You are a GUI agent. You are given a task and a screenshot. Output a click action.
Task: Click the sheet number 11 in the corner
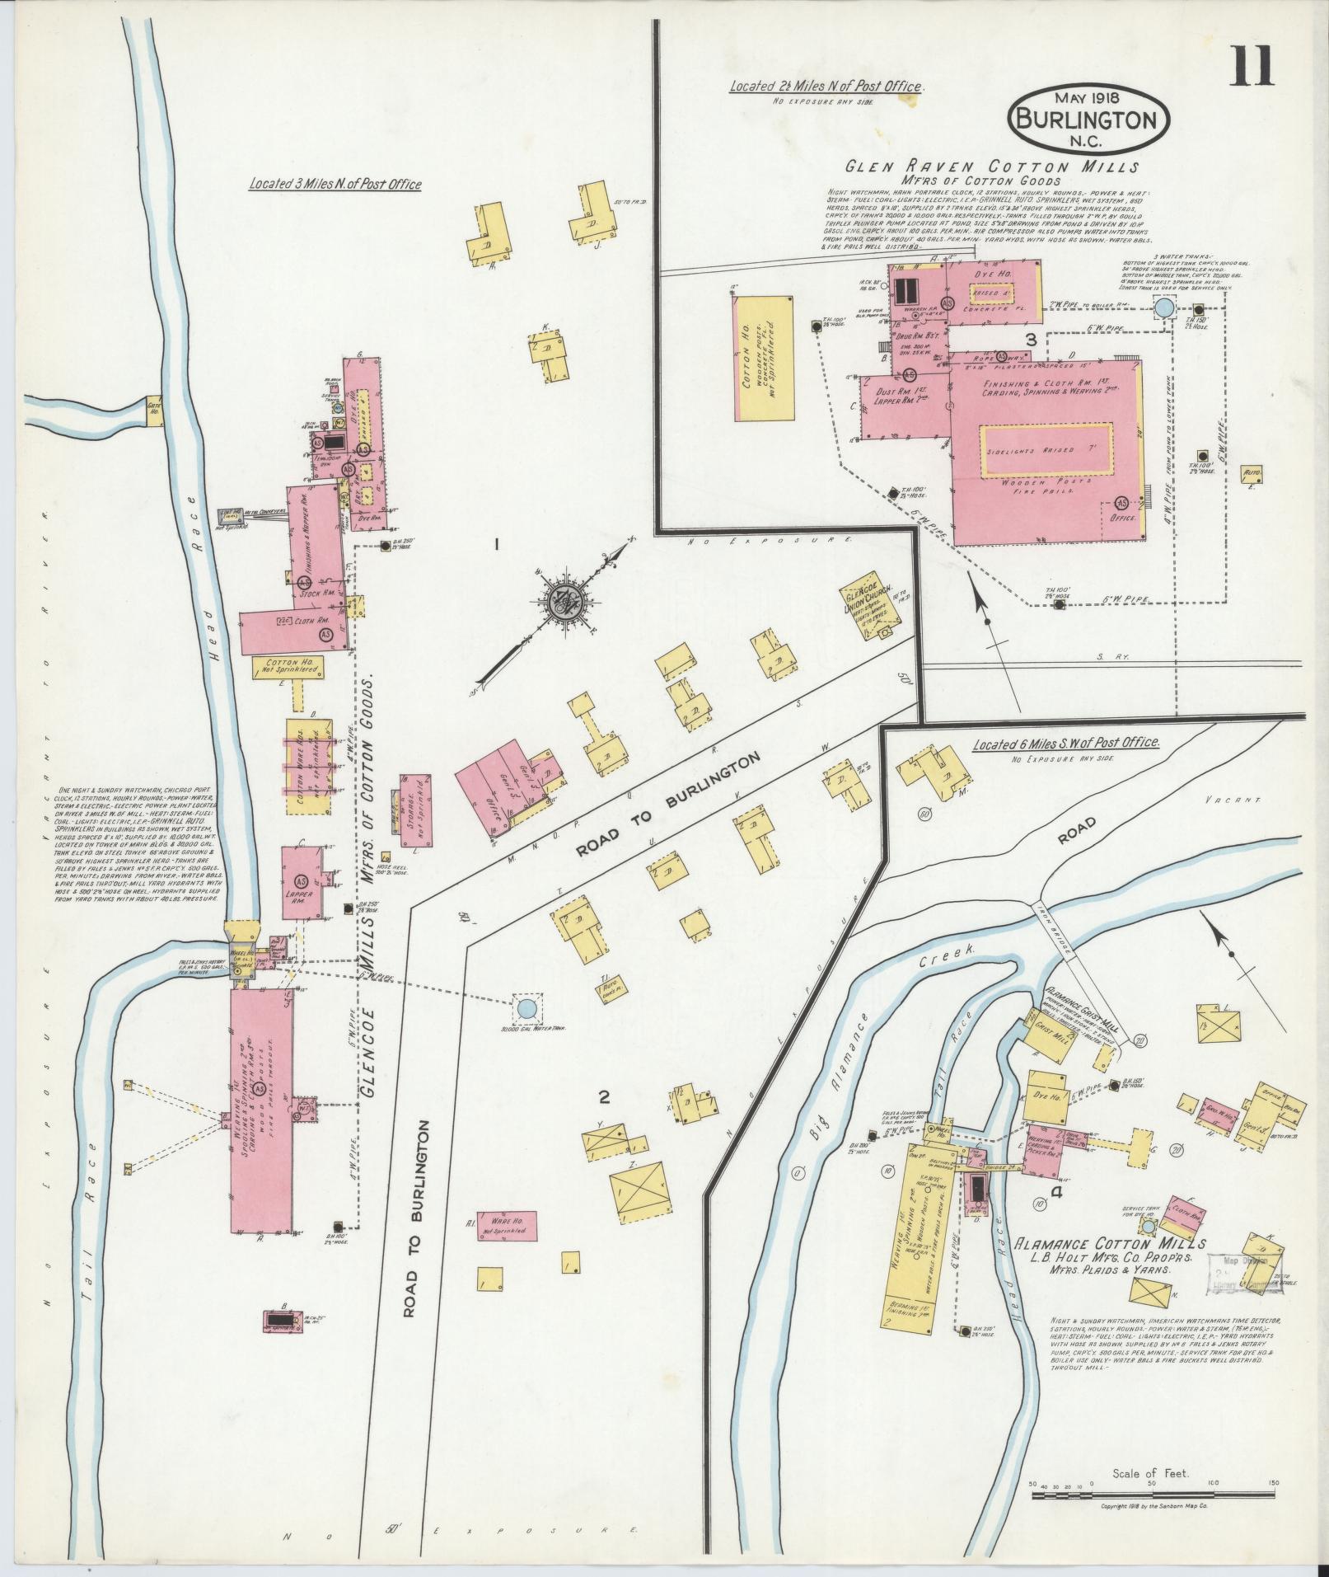coord(1252,67)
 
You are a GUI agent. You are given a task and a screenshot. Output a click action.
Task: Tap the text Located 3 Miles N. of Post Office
coord(335,185)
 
